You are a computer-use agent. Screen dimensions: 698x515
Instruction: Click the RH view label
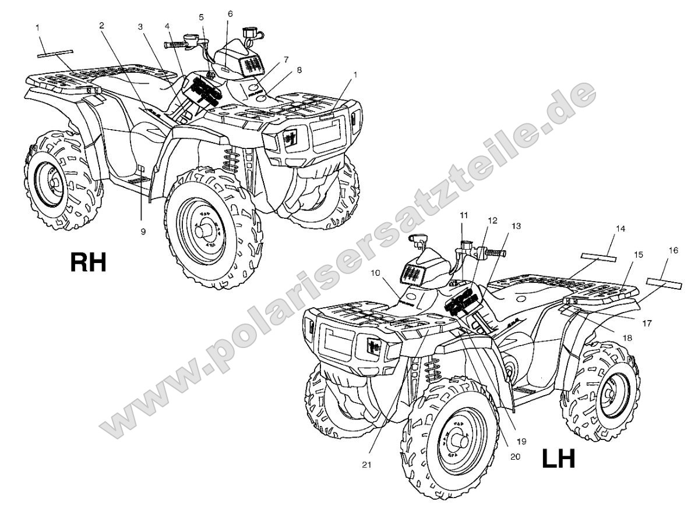click(89, 262)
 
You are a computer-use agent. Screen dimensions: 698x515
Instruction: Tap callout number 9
click(143, 231)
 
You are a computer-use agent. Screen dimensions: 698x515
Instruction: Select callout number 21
click(366, 465)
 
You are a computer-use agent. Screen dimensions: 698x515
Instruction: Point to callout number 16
click(674, 250)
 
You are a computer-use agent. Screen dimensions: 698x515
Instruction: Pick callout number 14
click(620, 229)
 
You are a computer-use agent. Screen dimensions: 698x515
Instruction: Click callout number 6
click(230, 14)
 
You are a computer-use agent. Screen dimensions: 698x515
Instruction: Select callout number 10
click(375, 272)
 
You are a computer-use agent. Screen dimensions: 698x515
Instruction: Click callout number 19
click(521, 441)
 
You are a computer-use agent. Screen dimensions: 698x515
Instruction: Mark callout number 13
click(516, 226)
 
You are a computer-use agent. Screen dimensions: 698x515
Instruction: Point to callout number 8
click(299, 70)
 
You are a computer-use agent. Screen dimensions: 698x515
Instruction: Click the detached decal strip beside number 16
click(664, 283)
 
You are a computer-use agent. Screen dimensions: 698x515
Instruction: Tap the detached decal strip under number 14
click(598, 257)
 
